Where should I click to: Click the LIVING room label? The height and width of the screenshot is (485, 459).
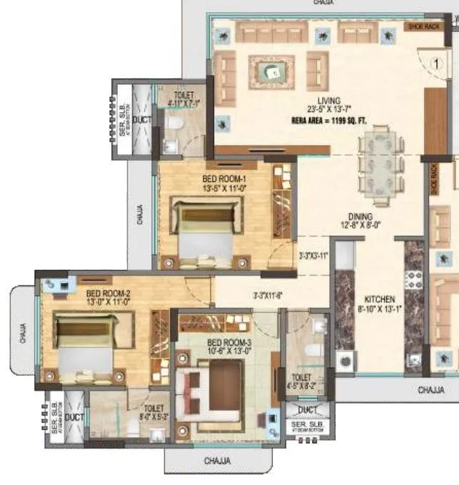pos(329,101)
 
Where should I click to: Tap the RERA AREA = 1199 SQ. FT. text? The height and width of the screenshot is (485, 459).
pos(329,120)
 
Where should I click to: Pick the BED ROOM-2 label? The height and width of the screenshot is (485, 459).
pos(108,294)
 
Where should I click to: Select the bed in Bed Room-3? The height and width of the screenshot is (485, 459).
pos(214,390)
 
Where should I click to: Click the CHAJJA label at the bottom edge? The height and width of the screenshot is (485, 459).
pos(218,461)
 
